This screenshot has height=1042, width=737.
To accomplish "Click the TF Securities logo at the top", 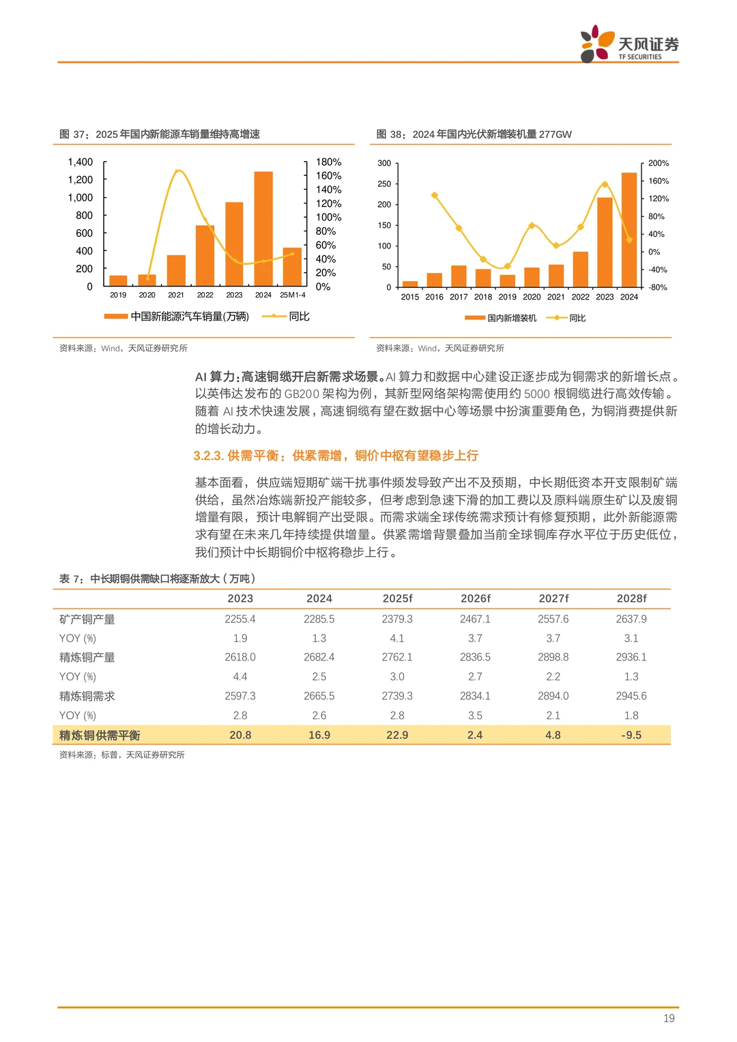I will tap(628, 44).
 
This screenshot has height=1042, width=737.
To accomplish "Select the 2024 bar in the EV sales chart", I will tap(263, 229).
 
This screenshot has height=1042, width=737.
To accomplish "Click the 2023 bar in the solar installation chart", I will tap(605, 242).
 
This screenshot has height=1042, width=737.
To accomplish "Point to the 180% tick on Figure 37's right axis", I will tap(328, 162).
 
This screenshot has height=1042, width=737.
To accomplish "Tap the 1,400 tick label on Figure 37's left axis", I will tap(81, 162).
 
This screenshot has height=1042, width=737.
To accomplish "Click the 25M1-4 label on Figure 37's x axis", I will tap(293, 295).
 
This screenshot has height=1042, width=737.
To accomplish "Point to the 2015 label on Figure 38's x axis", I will tap(410, 297).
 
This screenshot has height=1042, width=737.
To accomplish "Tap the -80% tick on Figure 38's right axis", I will tap(658, 287).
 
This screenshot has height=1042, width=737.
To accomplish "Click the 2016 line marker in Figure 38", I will tap(435, 196).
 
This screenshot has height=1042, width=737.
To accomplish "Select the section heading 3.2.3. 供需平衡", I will tap(335, 456).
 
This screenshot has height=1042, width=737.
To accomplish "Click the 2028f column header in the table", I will tap(631, 598).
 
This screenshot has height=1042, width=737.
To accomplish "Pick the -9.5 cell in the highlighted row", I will tap(631, 736).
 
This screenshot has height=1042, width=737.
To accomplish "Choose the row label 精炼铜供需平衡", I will tap(100, 736).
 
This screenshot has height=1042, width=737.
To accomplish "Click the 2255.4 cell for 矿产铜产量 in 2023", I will tap(240, 620).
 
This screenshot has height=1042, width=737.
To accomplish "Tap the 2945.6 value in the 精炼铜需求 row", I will tap(631, 696).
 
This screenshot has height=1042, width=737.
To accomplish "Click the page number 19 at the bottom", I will tap(669, 1019).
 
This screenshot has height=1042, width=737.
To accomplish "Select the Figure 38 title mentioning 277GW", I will tap(474, 134).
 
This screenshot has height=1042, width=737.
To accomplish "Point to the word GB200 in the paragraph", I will tap(302, 394).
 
